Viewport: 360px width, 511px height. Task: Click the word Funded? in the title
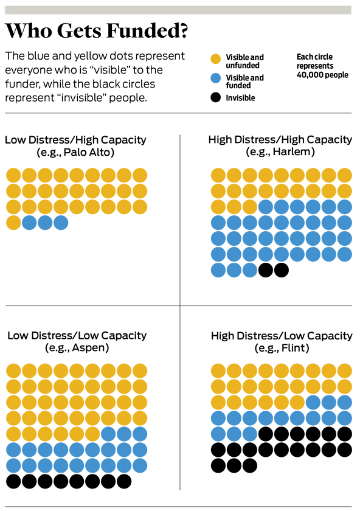pyautogui.click(x=147, y=31)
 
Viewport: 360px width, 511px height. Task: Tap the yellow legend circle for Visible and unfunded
pyautogui.click(x=216, y=59)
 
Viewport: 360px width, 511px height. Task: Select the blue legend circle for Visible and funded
pyautogui.click(x=216, y=78)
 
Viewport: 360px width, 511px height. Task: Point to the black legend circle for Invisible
pyautogui.click(x=216, y=97)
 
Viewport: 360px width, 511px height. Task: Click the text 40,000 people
pyautogui.click(x=322, y=75)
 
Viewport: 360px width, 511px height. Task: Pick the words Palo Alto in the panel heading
pyautogui.click(x=89, y=152)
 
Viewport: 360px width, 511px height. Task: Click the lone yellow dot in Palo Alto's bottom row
pyautogui.click(x=14, y=223)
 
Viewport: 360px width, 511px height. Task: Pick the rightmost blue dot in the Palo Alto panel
pyautogui.click(x=61, y=223)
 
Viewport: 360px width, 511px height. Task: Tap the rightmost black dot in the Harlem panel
pyautogui.click(x=282, y=270)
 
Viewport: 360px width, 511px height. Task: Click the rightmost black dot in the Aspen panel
pyautogui.click(x=124, y=482)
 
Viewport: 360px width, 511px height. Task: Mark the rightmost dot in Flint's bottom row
pyautogui.click(x=250, y=466)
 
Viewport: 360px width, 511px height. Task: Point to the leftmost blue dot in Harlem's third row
pyautogui.click(x=266, y=207)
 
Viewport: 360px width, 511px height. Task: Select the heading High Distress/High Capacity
pyautogui.click(x=280, y=140)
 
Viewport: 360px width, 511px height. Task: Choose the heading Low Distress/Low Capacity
pyautogui.click(x=77, y=336)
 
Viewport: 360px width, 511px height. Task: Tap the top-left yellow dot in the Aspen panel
pyautogui.click(x=14, y=371)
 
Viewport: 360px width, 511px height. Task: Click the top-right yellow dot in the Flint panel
pyautogui.click(x=345, y=371)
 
